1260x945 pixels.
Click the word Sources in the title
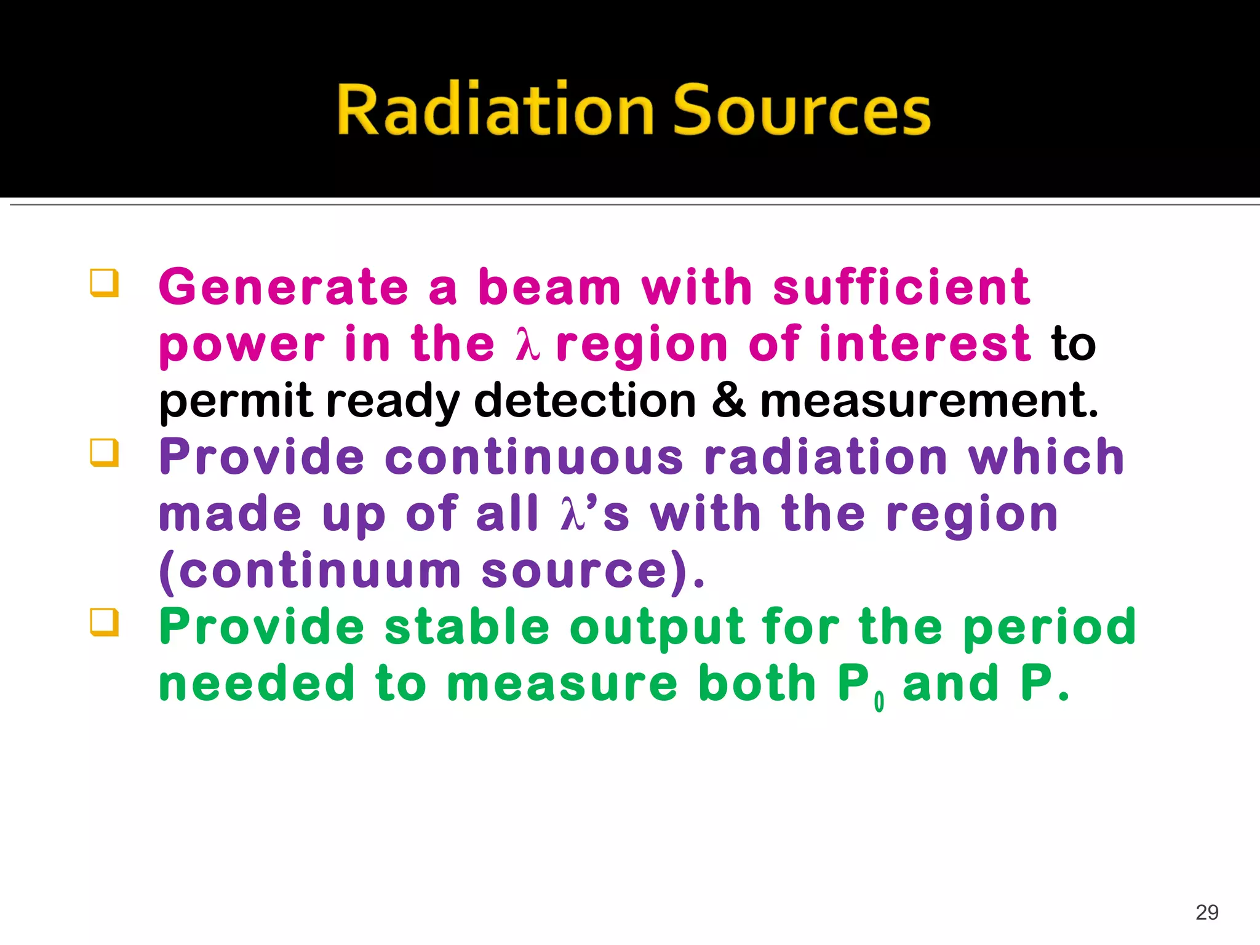click(802, 110)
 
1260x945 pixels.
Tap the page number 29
click(1207, 912)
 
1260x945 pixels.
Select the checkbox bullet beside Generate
click(104, 284)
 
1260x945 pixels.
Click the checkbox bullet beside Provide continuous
click(104, 453)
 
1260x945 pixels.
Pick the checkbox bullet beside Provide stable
click(104, 623)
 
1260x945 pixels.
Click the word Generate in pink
click(284, 287)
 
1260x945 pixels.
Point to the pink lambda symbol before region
click(527, 345)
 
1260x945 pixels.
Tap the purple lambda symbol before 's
click(572, 514)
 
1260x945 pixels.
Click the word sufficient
click(901, 287)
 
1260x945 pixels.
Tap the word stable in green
click(467, 628)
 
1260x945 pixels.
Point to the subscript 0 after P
click(879, 701)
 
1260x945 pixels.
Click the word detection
click(584, 401)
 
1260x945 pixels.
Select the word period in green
click(1049, 628)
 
